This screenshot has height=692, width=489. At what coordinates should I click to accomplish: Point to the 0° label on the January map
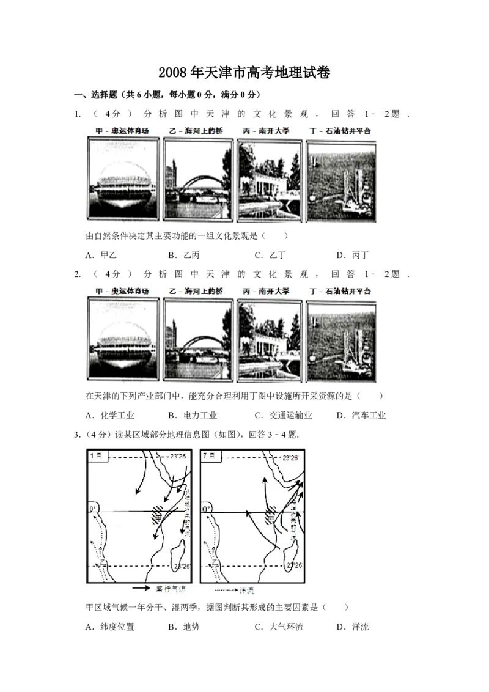click(94, 508)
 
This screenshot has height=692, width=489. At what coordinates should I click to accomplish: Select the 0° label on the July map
click(207, 508)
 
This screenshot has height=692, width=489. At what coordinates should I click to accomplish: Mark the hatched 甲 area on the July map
click(270, 518)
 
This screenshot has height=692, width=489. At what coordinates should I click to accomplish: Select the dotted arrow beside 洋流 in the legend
click(229, 591)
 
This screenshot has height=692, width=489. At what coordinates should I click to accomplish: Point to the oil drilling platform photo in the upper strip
click(341, 181)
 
